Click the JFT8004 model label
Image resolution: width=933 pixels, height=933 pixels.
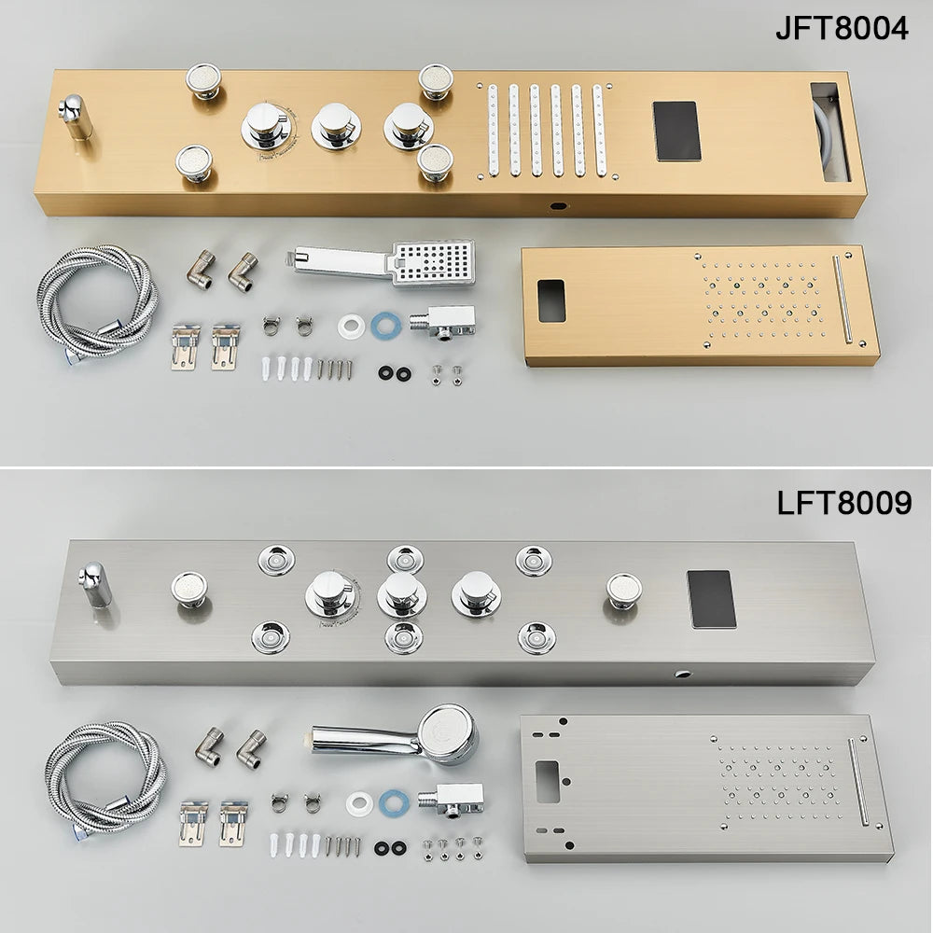tap(842, 28)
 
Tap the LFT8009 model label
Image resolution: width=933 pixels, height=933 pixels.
tap(843, 503)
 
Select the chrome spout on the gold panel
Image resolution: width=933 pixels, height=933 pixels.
tap(75, 117)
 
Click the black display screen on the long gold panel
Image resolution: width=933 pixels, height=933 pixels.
tap(676, 131)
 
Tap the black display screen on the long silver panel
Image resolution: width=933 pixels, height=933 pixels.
tap(711, 599)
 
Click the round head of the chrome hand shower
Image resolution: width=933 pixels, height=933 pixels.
tap(447, 733)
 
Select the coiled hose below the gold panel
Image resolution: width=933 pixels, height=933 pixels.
tap(96, 300)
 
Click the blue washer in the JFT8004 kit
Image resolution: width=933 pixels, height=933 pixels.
tap(383, 326)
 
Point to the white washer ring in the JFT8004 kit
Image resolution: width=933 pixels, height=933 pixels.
tap(351, 327)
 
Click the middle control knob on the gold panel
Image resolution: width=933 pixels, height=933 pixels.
tap(335, 125)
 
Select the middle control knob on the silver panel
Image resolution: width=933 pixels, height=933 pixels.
tap(401, 593)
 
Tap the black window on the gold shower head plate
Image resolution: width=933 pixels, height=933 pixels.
tap(551, 300)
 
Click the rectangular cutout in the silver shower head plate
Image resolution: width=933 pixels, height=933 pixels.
tap(546, 774)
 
